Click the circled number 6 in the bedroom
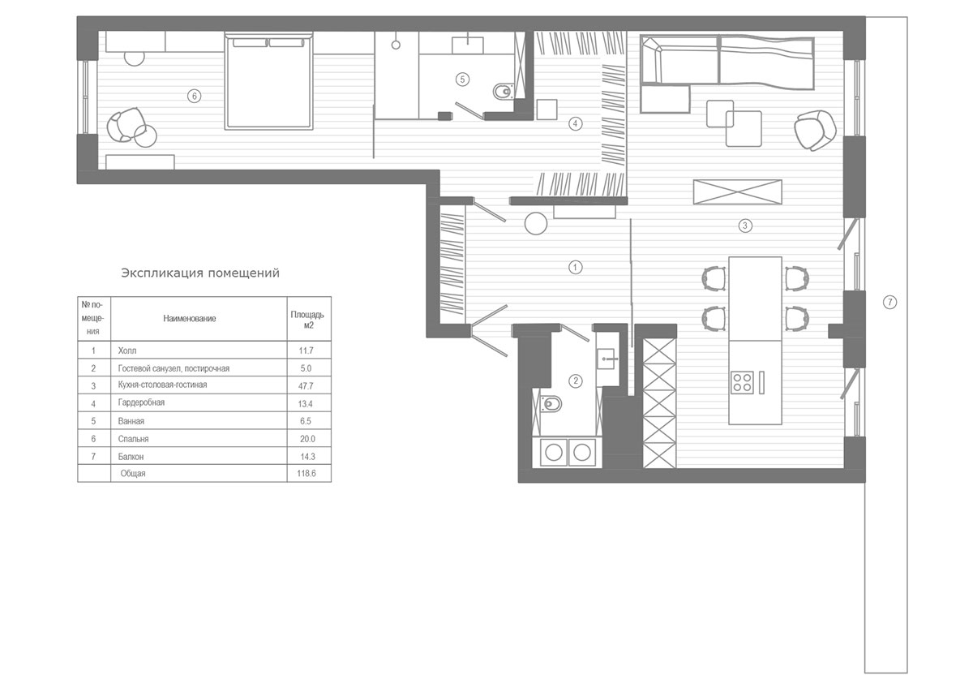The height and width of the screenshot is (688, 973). (194, 96)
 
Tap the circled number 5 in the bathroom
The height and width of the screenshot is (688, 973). (462, 80)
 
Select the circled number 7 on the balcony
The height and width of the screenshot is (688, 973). (890, 302)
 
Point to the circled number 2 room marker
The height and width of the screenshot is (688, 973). (576, 381)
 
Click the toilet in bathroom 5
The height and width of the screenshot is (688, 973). (503, 92)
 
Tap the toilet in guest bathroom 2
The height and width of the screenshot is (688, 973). (551, 404)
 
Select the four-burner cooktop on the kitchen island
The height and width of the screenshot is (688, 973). (742, 382)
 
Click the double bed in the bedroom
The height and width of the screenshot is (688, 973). (269, 81)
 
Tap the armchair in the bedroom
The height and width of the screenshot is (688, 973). (126, 125)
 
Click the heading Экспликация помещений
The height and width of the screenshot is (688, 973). (200, 273)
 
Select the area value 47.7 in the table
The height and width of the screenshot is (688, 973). (306, 386)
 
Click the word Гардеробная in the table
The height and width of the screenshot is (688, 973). (141, 402)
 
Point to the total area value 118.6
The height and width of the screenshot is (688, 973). (306, 473)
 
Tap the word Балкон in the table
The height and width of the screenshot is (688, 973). (131, 457)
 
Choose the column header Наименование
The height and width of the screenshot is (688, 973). (190, 319)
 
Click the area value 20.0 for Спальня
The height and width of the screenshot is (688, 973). (307, 439)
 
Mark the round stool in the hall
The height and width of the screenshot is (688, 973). (536, 223)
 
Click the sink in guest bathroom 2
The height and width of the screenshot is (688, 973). (606, 359)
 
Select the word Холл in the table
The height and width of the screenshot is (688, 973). (126, 350)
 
